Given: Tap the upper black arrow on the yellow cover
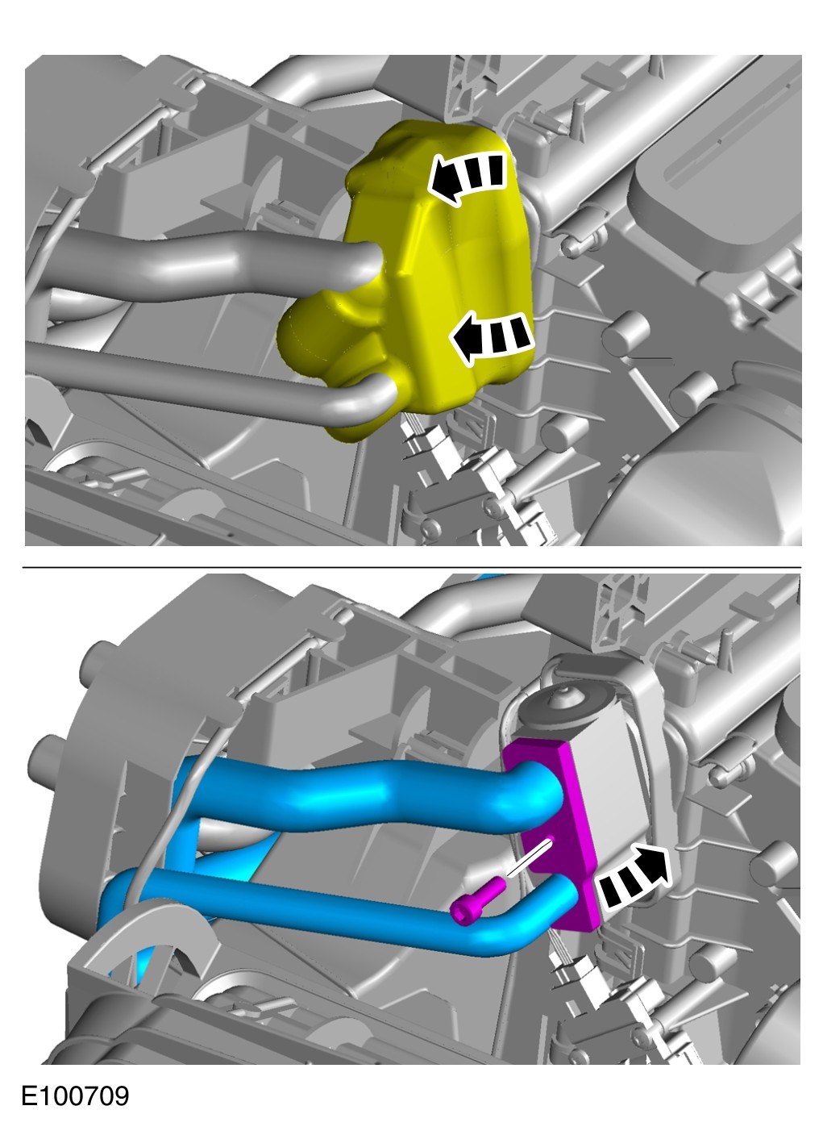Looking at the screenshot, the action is [x=467, y=177].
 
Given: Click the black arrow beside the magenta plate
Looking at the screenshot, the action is [x=633, y=881].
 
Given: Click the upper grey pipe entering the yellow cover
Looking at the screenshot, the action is [x=213, y=264].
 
